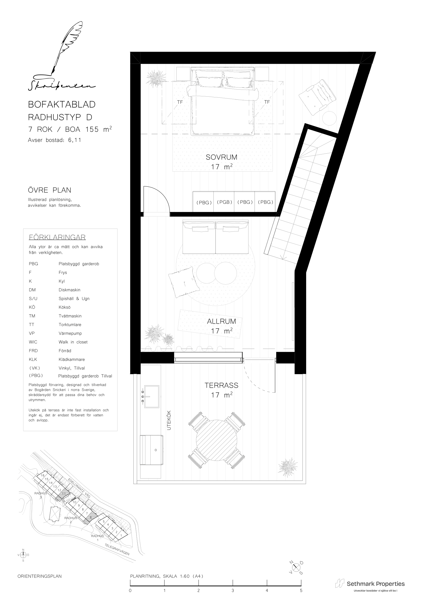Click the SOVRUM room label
(x=221, y=157)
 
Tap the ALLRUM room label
(x=221, y=321)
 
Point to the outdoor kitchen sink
(x=150, y=397)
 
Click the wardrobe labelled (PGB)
(x=224, y=202)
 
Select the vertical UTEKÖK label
(x=169, y=420)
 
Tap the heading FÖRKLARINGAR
(x=57, y=237)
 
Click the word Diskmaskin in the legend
(x=70, y=290)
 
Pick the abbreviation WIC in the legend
(x=33, y=342)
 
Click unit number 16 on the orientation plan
(x=42, y=475)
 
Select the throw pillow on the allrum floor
(x=184, y=282)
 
